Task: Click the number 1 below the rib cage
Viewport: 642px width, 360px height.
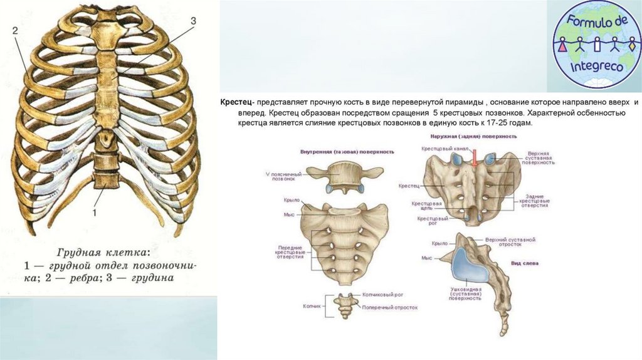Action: pyautogui.click(x=95, y=213)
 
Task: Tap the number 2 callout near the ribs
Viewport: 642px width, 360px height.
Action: pyautogui.click(x=15, y=30)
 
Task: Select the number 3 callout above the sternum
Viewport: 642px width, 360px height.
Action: pyautogui.click(x=193, y=21)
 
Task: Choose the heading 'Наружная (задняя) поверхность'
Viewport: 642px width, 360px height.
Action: pyautogui.click(x=473, y=135)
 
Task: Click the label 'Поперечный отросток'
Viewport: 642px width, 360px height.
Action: pyautogui.click(x=389, y=307)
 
